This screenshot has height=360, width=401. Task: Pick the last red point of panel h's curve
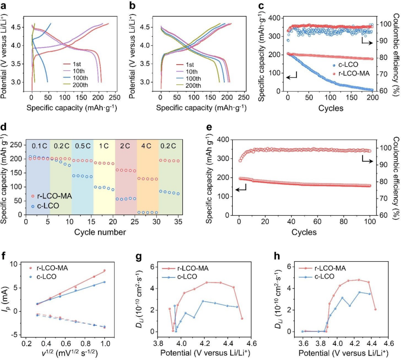click(376, 309)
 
